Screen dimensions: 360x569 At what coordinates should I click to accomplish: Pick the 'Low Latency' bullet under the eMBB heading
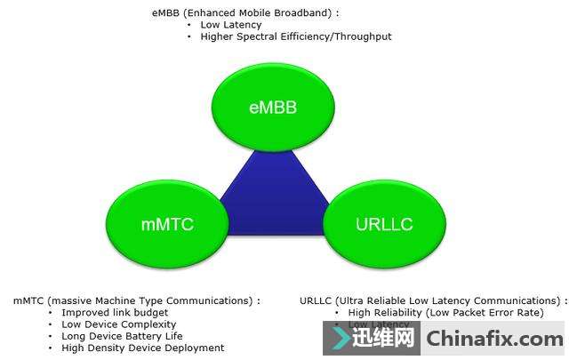231,25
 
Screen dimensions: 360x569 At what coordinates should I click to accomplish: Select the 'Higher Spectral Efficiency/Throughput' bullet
296,37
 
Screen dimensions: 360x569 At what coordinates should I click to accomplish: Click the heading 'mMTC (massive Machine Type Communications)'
136,301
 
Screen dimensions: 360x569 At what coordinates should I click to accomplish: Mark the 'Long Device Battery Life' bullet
122,336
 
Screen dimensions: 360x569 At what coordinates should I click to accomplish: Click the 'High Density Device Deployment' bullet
142,348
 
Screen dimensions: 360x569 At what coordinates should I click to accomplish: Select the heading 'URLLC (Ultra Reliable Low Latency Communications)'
433,301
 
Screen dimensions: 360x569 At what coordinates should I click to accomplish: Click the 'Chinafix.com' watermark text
494,339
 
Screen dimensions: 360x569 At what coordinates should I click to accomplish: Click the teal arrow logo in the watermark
341,339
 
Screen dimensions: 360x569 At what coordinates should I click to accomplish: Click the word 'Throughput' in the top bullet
365,37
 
